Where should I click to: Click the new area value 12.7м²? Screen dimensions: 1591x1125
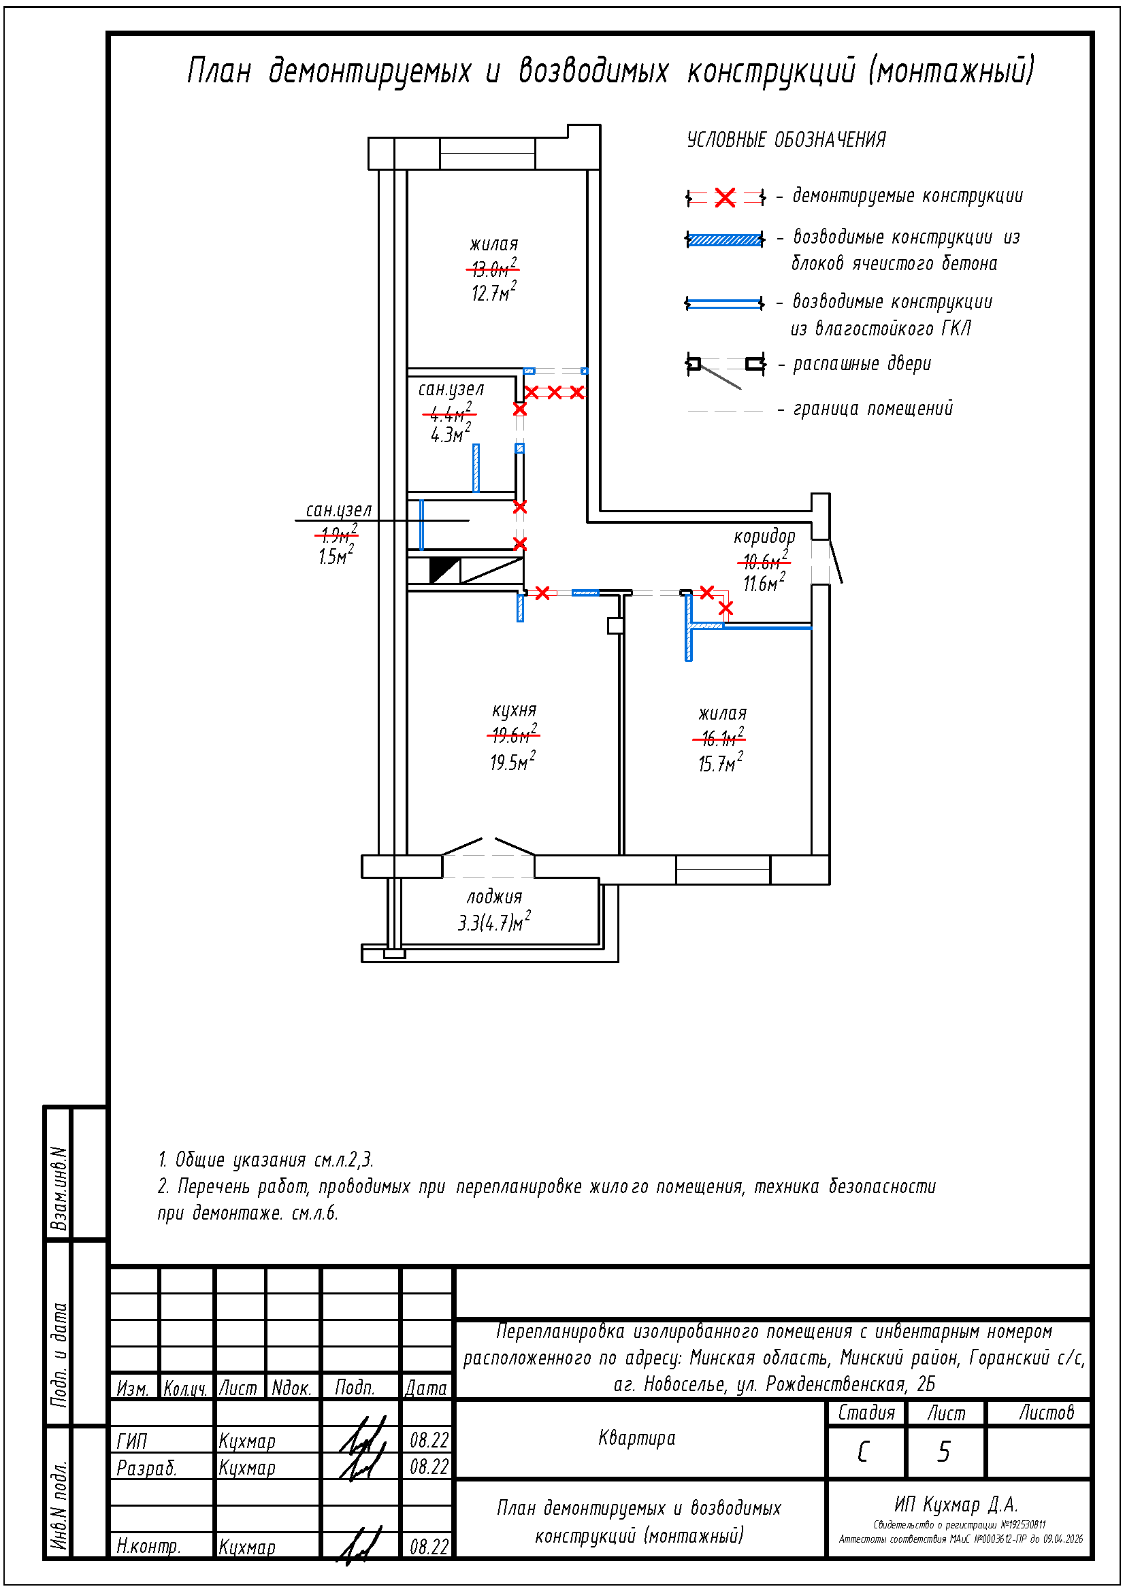coord(493,292)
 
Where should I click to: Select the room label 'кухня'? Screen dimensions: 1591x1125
coord(515,710)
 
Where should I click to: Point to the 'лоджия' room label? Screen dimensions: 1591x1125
coord(493,897)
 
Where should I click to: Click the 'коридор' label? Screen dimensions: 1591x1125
coord(764,536)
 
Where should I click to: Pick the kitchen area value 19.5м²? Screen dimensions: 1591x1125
coord(512,763)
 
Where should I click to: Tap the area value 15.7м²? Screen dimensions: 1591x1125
coord(720,764)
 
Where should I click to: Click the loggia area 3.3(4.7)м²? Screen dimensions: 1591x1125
coord(493,922)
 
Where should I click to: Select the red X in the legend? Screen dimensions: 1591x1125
coord(725,198)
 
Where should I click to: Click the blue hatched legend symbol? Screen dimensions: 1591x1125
coord(725,239)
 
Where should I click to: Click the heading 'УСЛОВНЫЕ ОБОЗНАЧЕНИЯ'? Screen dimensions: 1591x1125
coord(786,140)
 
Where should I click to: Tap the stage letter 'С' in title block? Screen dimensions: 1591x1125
coord(863,1452)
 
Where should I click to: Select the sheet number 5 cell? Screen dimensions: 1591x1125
coord(944,1452)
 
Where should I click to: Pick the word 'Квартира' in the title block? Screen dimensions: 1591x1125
coord(636,1439)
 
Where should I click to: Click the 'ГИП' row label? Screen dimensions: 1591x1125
coord(132,1442)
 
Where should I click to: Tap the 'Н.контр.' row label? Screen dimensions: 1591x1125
coord(148,1546)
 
